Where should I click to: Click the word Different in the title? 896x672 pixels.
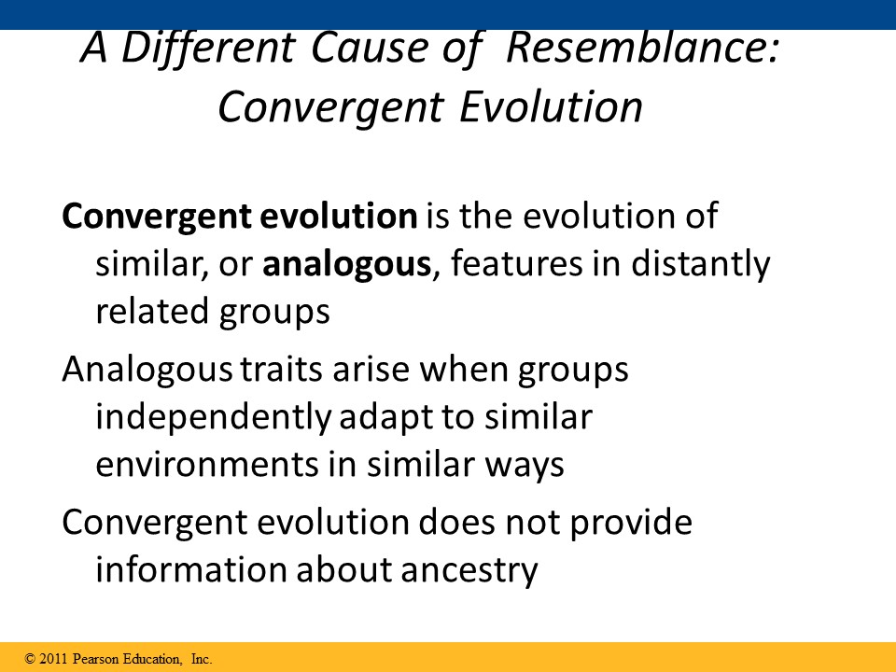pyautogui.click(x=208, y=48)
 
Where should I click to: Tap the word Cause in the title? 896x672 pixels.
pyautogui.click(x=370, y=48)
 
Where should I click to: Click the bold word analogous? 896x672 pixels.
pyautogui.click(x=346, y=264)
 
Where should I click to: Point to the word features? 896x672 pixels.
pyautogui.click(x=516, y=263)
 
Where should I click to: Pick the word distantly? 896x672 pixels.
pyautogui.click(x=701, y=264)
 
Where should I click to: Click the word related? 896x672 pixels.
pyautogui.click(x=152, y=311)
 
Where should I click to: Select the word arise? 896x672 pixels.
pyautogui.click(x=371, y=370)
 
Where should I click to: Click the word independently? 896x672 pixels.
pyautogui.click(x=213, y=418)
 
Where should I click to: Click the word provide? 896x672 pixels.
pyautogui.click(x=631, y=523)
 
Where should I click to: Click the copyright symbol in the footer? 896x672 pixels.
pyautogui.click(x=30, y=659)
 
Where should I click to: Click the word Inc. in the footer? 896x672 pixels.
pyautogui.click(x=202, y=659)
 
